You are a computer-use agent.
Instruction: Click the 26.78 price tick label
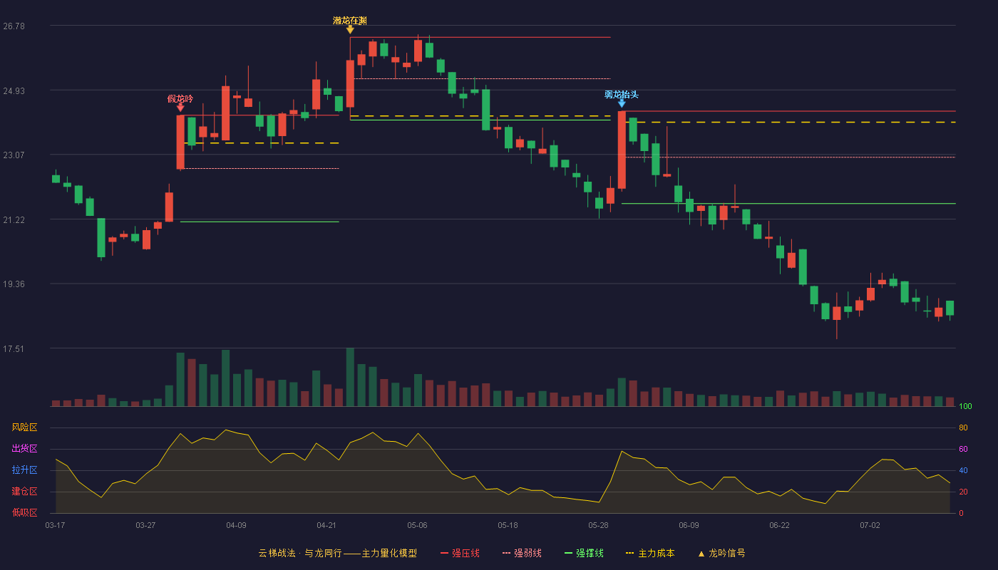(14, 26)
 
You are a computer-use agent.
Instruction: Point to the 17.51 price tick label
(14, 348)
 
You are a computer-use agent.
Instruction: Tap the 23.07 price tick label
(14, 155)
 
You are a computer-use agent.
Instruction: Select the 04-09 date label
(236, 526)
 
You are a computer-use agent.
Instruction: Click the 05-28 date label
(598, 526)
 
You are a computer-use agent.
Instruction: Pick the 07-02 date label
(870, 526)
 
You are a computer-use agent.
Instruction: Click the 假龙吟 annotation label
(180, 98)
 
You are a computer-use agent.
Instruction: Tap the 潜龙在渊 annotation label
(350, 21)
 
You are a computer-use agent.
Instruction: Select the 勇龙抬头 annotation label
(622, 94)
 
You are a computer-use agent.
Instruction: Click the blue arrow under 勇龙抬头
(622, 104)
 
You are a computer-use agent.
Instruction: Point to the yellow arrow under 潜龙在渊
(350, 29)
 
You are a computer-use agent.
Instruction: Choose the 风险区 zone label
(24, 427)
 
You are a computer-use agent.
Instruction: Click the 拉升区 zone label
(24, 470)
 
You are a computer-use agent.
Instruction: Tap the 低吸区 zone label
(24, 513)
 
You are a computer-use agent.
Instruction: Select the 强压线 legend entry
(460, 553)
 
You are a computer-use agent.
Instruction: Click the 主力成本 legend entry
(650, 553)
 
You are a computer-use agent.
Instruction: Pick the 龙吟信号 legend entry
(721, 553)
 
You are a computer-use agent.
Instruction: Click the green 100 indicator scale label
(965, 406)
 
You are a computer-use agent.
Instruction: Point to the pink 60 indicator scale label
(963, 449)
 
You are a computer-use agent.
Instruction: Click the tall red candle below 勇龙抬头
(622, 150)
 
